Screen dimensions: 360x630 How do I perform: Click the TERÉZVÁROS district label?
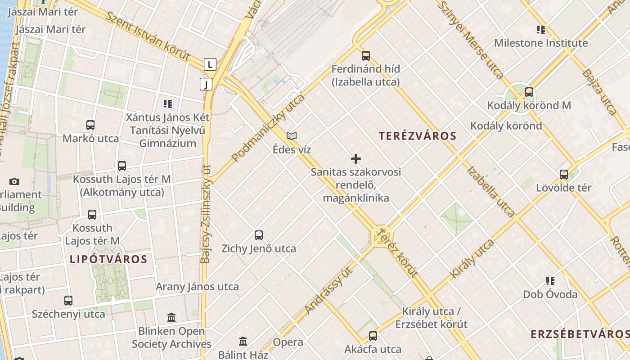pyautogui.click(x=417, y=136)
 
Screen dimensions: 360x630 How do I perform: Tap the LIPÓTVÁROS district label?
pyautogui.click(x=108, y=259)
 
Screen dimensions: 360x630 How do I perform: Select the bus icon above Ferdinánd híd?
pyautogui.click(x=366, y=56)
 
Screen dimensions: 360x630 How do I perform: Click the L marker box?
pyautogui.click(x=210, y=64)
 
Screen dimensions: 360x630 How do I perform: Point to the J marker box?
pyautogui.click(x=206, y=84)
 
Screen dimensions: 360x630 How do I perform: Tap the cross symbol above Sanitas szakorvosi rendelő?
pyautogui.click(x=356, y=159)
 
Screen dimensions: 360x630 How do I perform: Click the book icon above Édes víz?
pyautogui.click(x=292, y=136)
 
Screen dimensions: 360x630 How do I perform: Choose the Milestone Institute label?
pyautogui.click(x=541, y=43)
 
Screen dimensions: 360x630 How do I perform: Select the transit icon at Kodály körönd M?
pyautogui.click(x=529, y=92)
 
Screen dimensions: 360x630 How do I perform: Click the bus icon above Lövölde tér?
pyautogui.click(x=564, y=175)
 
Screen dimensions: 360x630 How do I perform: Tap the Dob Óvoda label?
pyautogui.click(x=550, y=294)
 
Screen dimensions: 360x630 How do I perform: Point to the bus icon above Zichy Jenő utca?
pyautogui.click(x=259, y=235)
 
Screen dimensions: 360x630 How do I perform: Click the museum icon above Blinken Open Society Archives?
pyautogui.click(x=171, y=318)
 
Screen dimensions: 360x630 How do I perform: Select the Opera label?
pyautogui.click(x=288, y=342)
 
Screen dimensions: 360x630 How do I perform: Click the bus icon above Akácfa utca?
pyautogui.click(x=373, y=336)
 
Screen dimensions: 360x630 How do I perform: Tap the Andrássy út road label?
pyautogui.click(x=328, y=290)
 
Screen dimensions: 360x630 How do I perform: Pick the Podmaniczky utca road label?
pyautogui.click(x=268, y=128)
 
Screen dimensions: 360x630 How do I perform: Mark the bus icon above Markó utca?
pyautogui.click(x=90, y=125)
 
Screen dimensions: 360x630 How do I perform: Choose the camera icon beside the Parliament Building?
pyautogui.click(x=14, y=182)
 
